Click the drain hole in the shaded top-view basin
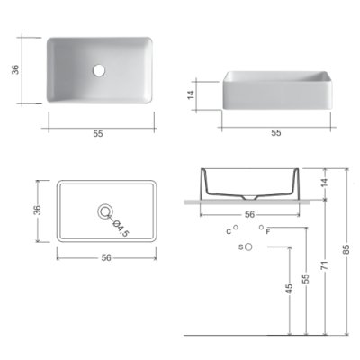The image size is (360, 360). click(x=99, y=70)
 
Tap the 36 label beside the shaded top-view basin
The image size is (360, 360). click(x=15, y=69)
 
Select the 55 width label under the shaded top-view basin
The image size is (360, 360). click(x=98, y=134)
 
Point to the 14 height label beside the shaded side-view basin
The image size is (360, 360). click(x=191, y=94)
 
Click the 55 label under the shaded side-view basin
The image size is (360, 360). click(x=276, y=132)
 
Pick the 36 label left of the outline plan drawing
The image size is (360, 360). click(x=37, y=210)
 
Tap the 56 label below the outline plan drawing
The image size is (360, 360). click(x=106, y=257)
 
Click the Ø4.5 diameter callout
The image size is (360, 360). click(x=121, y=229)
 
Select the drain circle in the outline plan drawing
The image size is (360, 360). click(x=105, y=211)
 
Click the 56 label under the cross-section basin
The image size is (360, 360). click(x=249, y=214)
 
